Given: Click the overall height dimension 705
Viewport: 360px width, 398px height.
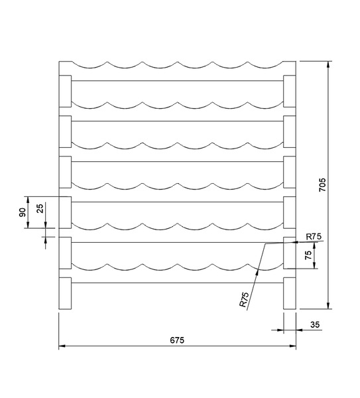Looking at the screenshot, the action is coord(322,185).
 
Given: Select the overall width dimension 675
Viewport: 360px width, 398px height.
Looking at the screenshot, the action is coord(177,340).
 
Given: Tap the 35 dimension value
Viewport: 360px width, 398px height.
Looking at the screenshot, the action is coord(315,324).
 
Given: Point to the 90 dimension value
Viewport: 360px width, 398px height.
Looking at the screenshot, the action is coord(23,212).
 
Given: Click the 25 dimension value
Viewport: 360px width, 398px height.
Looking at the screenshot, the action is coord(40,208).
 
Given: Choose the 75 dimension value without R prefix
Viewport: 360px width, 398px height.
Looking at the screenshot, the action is coord(308,255).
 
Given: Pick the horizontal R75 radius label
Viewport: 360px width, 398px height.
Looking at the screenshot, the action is coord(314,237).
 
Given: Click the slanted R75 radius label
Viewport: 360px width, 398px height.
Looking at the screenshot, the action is coord(244,300).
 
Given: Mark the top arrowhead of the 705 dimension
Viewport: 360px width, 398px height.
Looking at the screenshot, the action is coord(328,64).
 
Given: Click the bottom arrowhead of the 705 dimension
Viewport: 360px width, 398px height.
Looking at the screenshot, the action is coord(328,306).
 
